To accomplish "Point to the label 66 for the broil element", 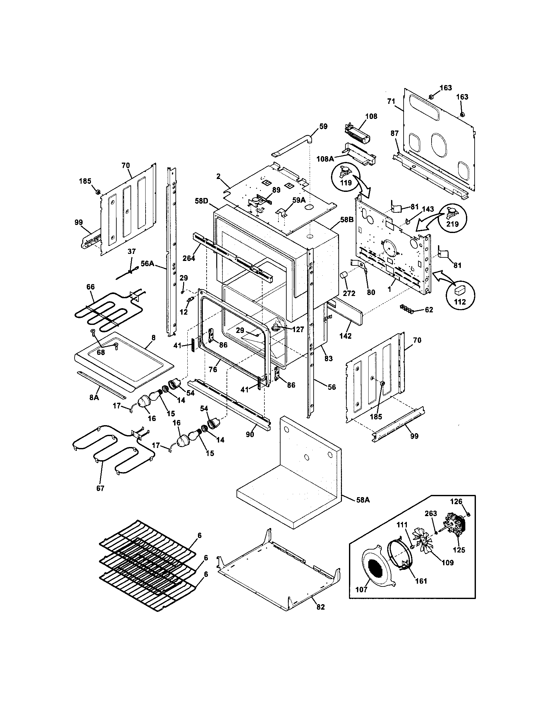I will pos(91,287).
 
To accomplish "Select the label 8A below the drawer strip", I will pos(94,397).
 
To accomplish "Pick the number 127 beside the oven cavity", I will pos(298,329).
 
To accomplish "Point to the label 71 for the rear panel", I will pos(391,101).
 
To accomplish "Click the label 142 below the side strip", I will pos(345,336).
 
